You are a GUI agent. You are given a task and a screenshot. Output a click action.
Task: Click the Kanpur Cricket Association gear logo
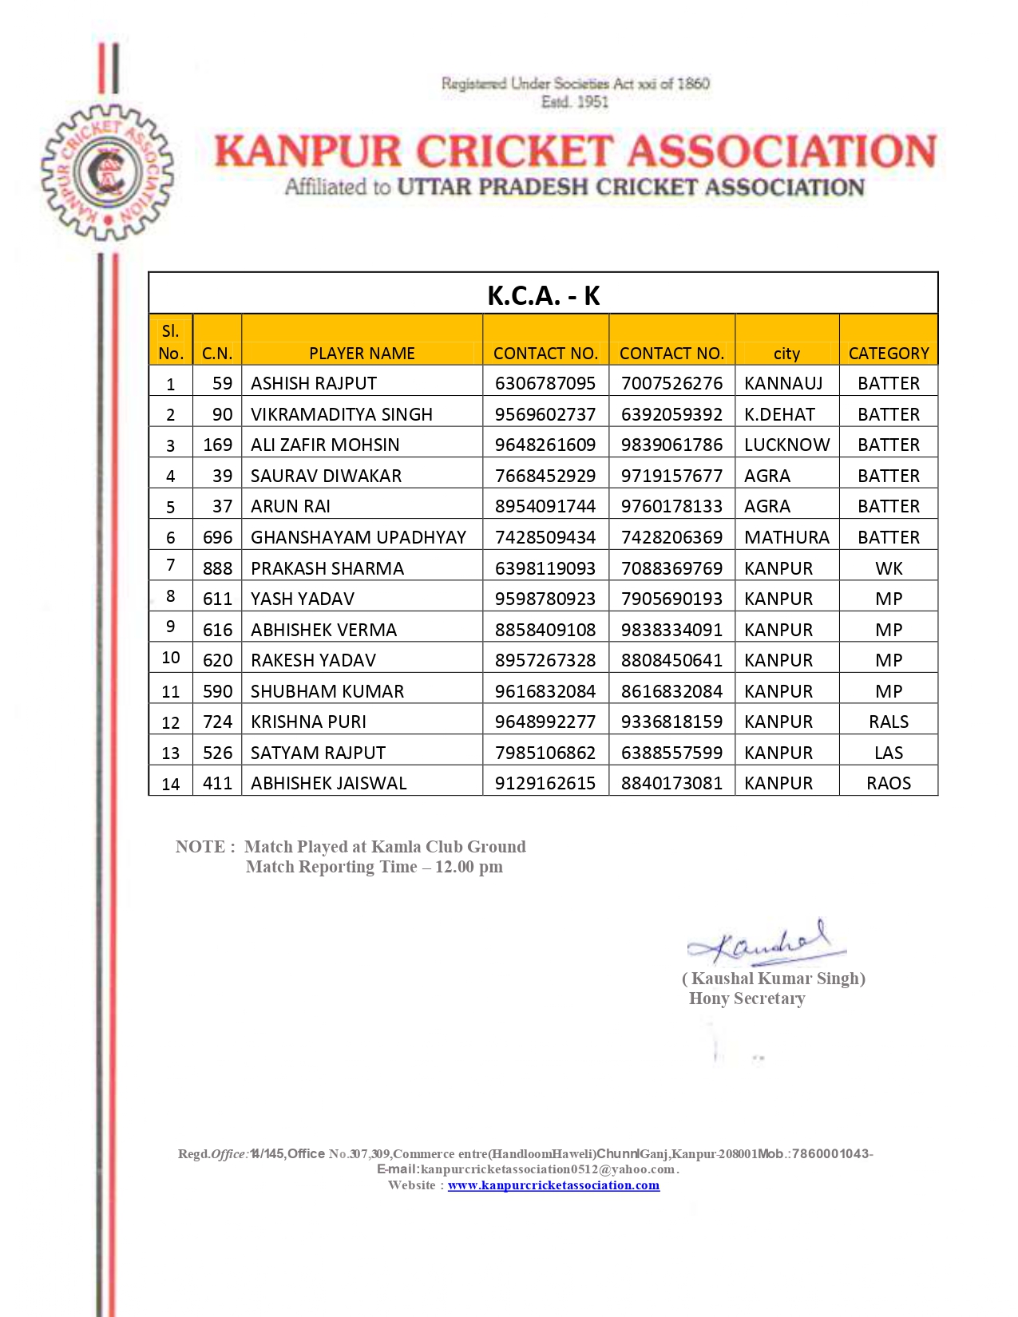coord(107,172)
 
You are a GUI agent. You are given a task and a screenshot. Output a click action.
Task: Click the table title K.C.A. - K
coord(543,295)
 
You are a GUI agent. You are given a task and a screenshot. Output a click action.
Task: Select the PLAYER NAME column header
coord(362,353)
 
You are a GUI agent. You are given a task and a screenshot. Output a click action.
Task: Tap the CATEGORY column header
coord(888,353)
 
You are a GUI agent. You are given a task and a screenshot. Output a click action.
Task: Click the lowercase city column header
coord(786,354)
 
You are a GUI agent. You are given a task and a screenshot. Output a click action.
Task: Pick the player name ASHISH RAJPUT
coord(314,383)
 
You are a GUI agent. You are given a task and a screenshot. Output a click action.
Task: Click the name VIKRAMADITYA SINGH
coord(342,414)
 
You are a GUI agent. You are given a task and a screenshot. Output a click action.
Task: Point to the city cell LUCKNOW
coord(786,445)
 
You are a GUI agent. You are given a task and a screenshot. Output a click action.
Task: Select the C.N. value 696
coord(217,537)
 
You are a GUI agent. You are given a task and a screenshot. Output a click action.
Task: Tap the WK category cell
coord(888,568)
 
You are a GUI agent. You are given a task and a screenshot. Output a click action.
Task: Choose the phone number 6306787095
coord(545,383)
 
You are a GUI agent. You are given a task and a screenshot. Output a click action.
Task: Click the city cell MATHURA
coord(786,537)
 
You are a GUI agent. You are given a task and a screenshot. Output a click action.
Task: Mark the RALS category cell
coord(888,722)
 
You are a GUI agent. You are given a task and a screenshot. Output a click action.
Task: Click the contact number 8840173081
coord(671,783)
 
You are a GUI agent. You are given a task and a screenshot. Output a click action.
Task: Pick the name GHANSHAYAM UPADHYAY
coord(358,537)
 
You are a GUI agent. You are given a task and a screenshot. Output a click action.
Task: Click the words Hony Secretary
coord(747,999)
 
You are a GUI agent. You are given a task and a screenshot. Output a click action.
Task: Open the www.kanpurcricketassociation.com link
coord(553,1185)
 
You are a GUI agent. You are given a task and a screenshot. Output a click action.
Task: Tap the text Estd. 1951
coord(574,102)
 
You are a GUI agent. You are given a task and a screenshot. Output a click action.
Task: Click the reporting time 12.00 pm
coord(469,867)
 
